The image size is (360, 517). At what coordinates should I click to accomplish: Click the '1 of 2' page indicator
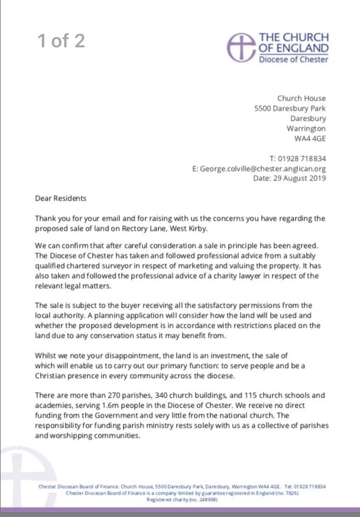[x=61, y=40]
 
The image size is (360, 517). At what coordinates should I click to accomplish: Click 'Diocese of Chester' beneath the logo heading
[x=294, y=59]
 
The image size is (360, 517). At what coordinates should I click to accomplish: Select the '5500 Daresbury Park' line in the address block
[x=290, y=108]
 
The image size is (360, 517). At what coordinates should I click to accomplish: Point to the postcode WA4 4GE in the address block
[x=310, y=138]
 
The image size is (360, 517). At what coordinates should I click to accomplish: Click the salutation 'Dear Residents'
[x=60, y=198]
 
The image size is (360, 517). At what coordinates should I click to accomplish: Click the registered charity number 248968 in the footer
[x=205, y=499]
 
